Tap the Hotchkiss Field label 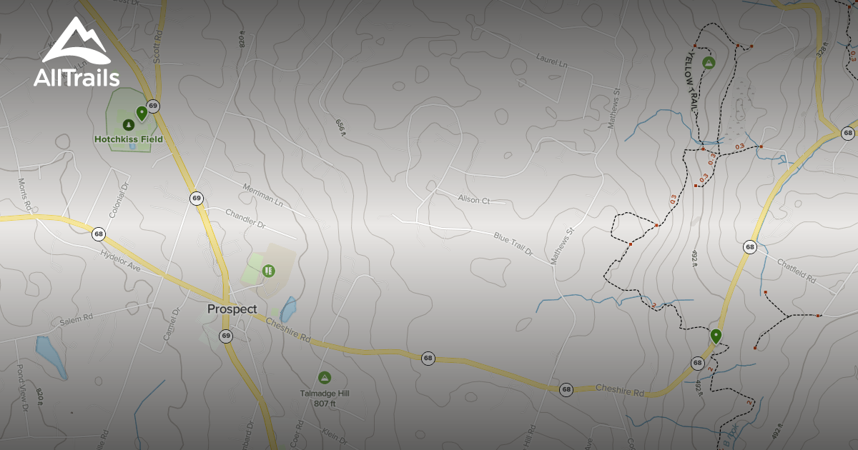(x=129, y=139)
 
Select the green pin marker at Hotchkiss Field (x=142, y=112)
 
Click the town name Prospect (x=232, y=309)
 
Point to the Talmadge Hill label (x=325, y=393)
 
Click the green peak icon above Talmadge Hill (x=324, y=376)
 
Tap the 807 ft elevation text (x=325, y=403)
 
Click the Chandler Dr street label (x=245, y=219)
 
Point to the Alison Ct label (x=473, y=201)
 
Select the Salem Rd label (x=77, y=317)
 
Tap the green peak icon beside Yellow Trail (x=709, y=62)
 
